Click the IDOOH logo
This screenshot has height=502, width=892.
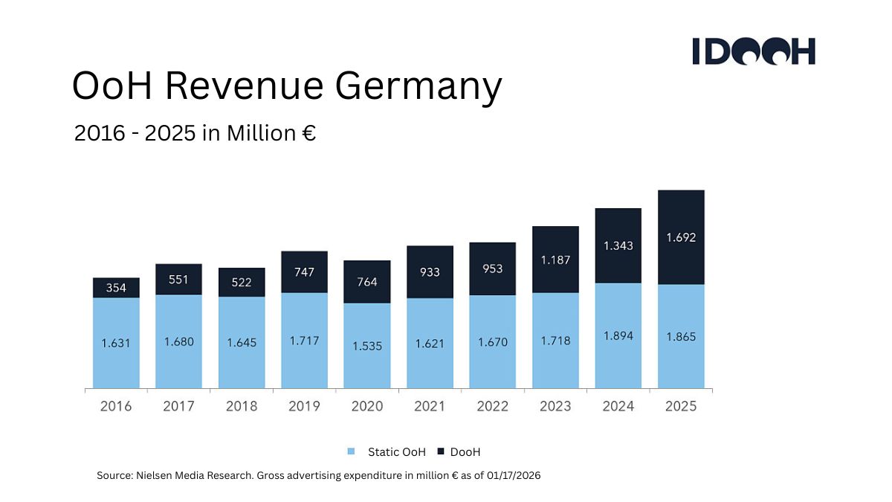click(754, 51)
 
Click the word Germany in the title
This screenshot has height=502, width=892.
click(418, 86)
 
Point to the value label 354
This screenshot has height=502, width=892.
click(116, 288)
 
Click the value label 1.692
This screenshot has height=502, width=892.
click(681, 239)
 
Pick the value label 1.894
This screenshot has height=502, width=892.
click(618, 336)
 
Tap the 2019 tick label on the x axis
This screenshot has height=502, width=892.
click(304, 406)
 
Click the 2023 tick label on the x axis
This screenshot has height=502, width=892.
click(555, 406)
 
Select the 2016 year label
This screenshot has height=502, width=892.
click(116, 406)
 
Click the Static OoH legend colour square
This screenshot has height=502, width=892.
click(352, 451)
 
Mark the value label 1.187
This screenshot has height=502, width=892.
click(555, 260)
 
